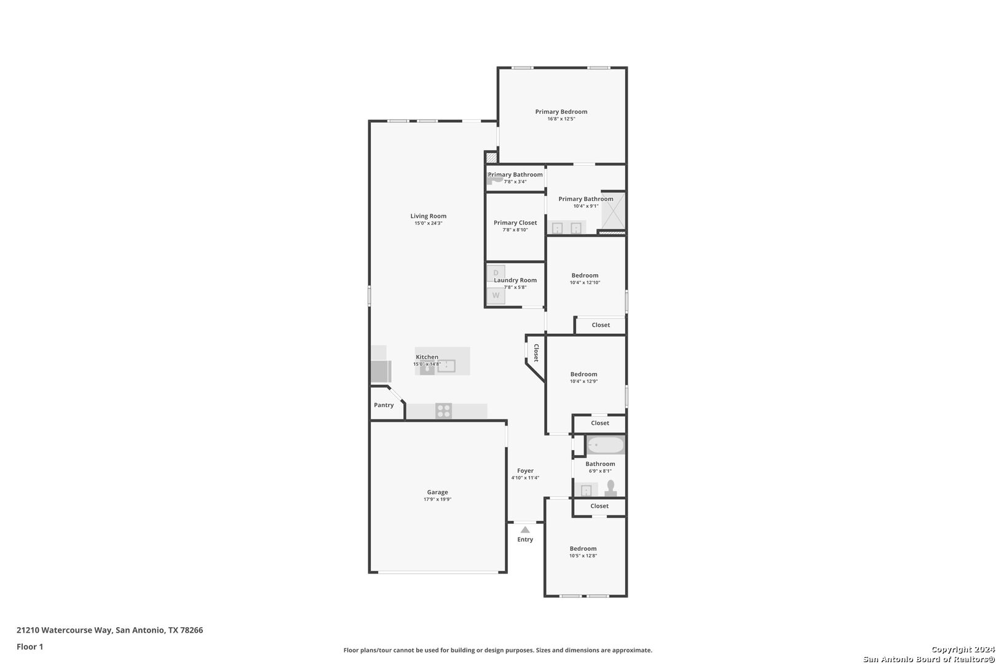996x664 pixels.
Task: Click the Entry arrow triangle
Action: pos(525,530)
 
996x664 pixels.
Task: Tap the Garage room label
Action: pos(438,492)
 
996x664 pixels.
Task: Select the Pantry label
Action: pos(384,405)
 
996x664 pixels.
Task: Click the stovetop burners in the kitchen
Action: pos(444,411)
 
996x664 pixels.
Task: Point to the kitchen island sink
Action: pos(446,366)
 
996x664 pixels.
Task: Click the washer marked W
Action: pos(496,295)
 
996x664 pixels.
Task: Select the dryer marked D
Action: pos(496,273)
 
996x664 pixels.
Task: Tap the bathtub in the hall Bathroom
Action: pos(606,445)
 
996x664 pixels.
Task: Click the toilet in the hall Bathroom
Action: pos(611,488)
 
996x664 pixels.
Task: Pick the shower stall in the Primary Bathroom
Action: pos(613,210)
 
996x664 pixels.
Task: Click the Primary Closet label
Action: pos(515,223)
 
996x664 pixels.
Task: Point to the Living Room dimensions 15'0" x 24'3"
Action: pos(429,223)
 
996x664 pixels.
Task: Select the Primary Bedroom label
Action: pos(561,112)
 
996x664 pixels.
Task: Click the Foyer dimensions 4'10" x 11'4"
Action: pos(525,478)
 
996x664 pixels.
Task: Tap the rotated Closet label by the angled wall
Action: pos(536,353)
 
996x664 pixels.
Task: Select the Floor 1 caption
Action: pos(30,647)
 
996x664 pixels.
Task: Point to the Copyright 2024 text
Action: pos(963,649)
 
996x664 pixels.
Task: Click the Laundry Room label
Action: pos(515,280)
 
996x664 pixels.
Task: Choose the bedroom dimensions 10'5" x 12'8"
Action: pos(583,555)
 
